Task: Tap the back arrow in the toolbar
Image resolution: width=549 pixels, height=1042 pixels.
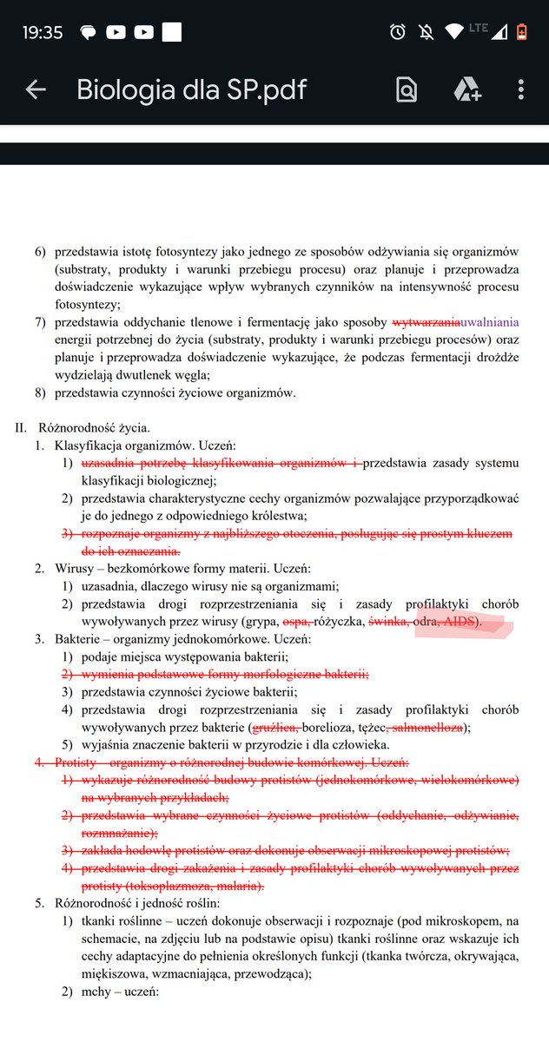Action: click(36, 89)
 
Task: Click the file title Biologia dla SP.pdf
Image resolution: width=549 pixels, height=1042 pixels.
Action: click(191, 89)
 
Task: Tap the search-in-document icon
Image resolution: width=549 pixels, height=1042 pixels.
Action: click(407, 89)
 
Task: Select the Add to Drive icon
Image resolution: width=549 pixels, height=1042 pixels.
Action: click(466, 89)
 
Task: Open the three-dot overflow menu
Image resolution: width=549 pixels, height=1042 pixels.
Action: click(521, 89)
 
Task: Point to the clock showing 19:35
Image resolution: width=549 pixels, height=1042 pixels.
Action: click(43, 32)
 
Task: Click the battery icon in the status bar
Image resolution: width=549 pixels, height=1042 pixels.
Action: click(521, 32)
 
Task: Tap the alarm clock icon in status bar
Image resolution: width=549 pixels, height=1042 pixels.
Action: click(398, 32)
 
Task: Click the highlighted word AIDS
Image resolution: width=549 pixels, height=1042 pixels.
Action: click(461, 623)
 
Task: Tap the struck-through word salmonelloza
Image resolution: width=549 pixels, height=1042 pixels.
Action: click(427, 728)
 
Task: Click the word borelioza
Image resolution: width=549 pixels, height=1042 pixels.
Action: click(332, 728)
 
